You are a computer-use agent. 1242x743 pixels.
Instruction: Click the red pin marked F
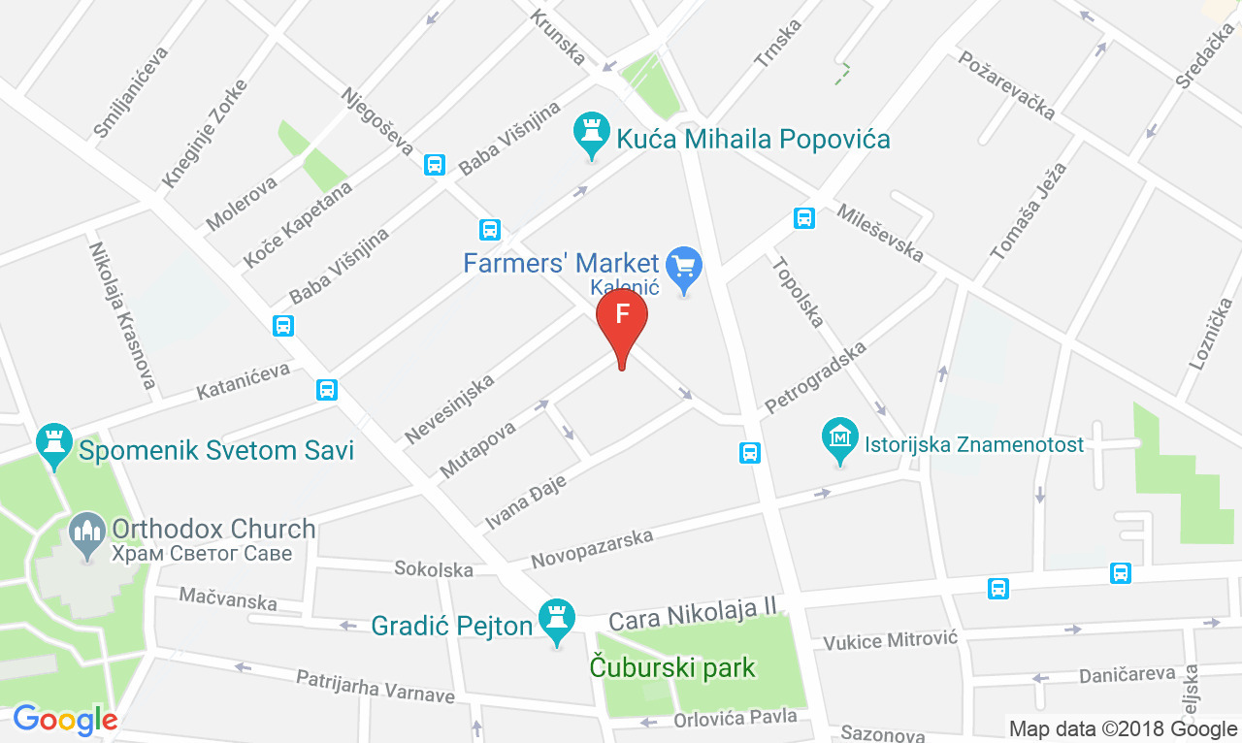coord(621,319)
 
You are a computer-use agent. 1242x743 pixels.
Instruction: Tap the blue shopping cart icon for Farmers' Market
coord(686,266)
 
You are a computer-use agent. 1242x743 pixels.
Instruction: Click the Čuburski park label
coord(672,667)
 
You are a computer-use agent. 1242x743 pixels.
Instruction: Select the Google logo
coord(64,720)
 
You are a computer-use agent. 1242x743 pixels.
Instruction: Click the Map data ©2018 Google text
coord(1123,728)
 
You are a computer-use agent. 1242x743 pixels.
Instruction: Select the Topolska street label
coord(798,291)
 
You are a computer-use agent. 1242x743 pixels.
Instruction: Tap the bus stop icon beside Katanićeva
coord(326,390)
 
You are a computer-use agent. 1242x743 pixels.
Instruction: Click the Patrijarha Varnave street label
coord(376,687)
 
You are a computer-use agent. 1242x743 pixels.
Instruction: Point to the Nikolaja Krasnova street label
coord(122,315)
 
